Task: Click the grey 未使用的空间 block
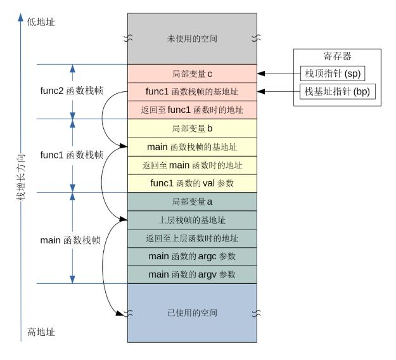click(x=193, y=39)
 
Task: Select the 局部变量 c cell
click(x=193, y=74)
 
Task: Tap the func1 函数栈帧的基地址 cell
click(x=193, y=91)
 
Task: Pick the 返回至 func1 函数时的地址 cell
click(x=193, y=110)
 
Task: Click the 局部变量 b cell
click(x=193, y=128)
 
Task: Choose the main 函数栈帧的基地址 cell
click(x=193, y=147)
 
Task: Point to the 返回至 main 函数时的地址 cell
click(x=193, y=165)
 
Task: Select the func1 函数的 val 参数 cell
click(x=193, y=184)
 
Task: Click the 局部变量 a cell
click(x=193, y=202)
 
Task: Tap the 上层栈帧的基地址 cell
click(x=193, y=220)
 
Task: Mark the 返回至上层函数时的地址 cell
click(x=193, y=238)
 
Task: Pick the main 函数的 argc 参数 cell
click(x=193, y=257)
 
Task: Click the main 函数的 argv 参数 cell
click(x=193, y=274)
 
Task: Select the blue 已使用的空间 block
click(x=193, y=312)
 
